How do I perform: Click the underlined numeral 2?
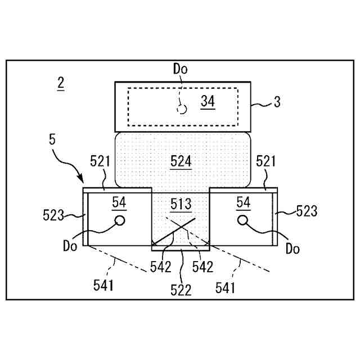pos(60,83)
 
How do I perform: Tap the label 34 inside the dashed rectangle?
pos(208,101)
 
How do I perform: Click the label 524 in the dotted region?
pos(181,162)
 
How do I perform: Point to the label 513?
pos(181,204)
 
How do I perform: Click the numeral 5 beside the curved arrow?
pos(52,139)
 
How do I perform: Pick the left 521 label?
pos(100,162)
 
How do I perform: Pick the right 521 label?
pos(265,162)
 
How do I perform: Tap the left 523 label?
pos(53,215)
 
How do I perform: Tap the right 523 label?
pos(307,211)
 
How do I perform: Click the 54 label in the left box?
pos(119,201)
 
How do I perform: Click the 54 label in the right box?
pos(243,201)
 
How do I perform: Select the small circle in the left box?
pos(119,220)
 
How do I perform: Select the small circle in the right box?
pos(243,220)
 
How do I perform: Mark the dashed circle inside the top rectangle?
pos(181,109)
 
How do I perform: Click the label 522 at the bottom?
pos(182,290)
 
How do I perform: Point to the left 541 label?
pos(103,286)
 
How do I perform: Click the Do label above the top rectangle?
pos(180,69)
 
